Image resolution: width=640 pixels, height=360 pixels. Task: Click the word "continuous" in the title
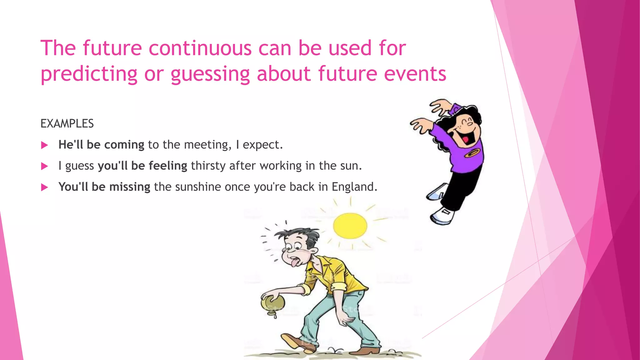[x=200, y=48]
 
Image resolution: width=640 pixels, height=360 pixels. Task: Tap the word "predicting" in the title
[x=89, y=74]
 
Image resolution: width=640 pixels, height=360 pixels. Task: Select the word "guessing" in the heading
[x=210, y=74]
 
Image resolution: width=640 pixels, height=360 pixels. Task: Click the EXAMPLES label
[x=67, y=124]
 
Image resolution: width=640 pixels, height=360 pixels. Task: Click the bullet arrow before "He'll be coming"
[x=45, y=145]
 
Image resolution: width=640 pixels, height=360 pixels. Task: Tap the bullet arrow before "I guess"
[x=45, y=166]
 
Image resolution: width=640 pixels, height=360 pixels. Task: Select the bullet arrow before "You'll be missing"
[x=45, y=187]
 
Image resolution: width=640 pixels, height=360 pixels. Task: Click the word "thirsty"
[x=208, y=166]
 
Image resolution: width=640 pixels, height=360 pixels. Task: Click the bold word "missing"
[x=130, y=187]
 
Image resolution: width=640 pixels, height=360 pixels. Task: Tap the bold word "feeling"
[x=168, y=166]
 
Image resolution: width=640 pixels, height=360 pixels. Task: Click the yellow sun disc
[x=350, y=226]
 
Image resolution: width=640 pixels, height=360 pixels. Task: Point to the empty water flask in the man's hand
[x=273, y=303]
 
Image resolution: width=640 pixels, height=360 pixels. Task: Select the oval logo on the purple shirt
[x=471, y=153]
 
